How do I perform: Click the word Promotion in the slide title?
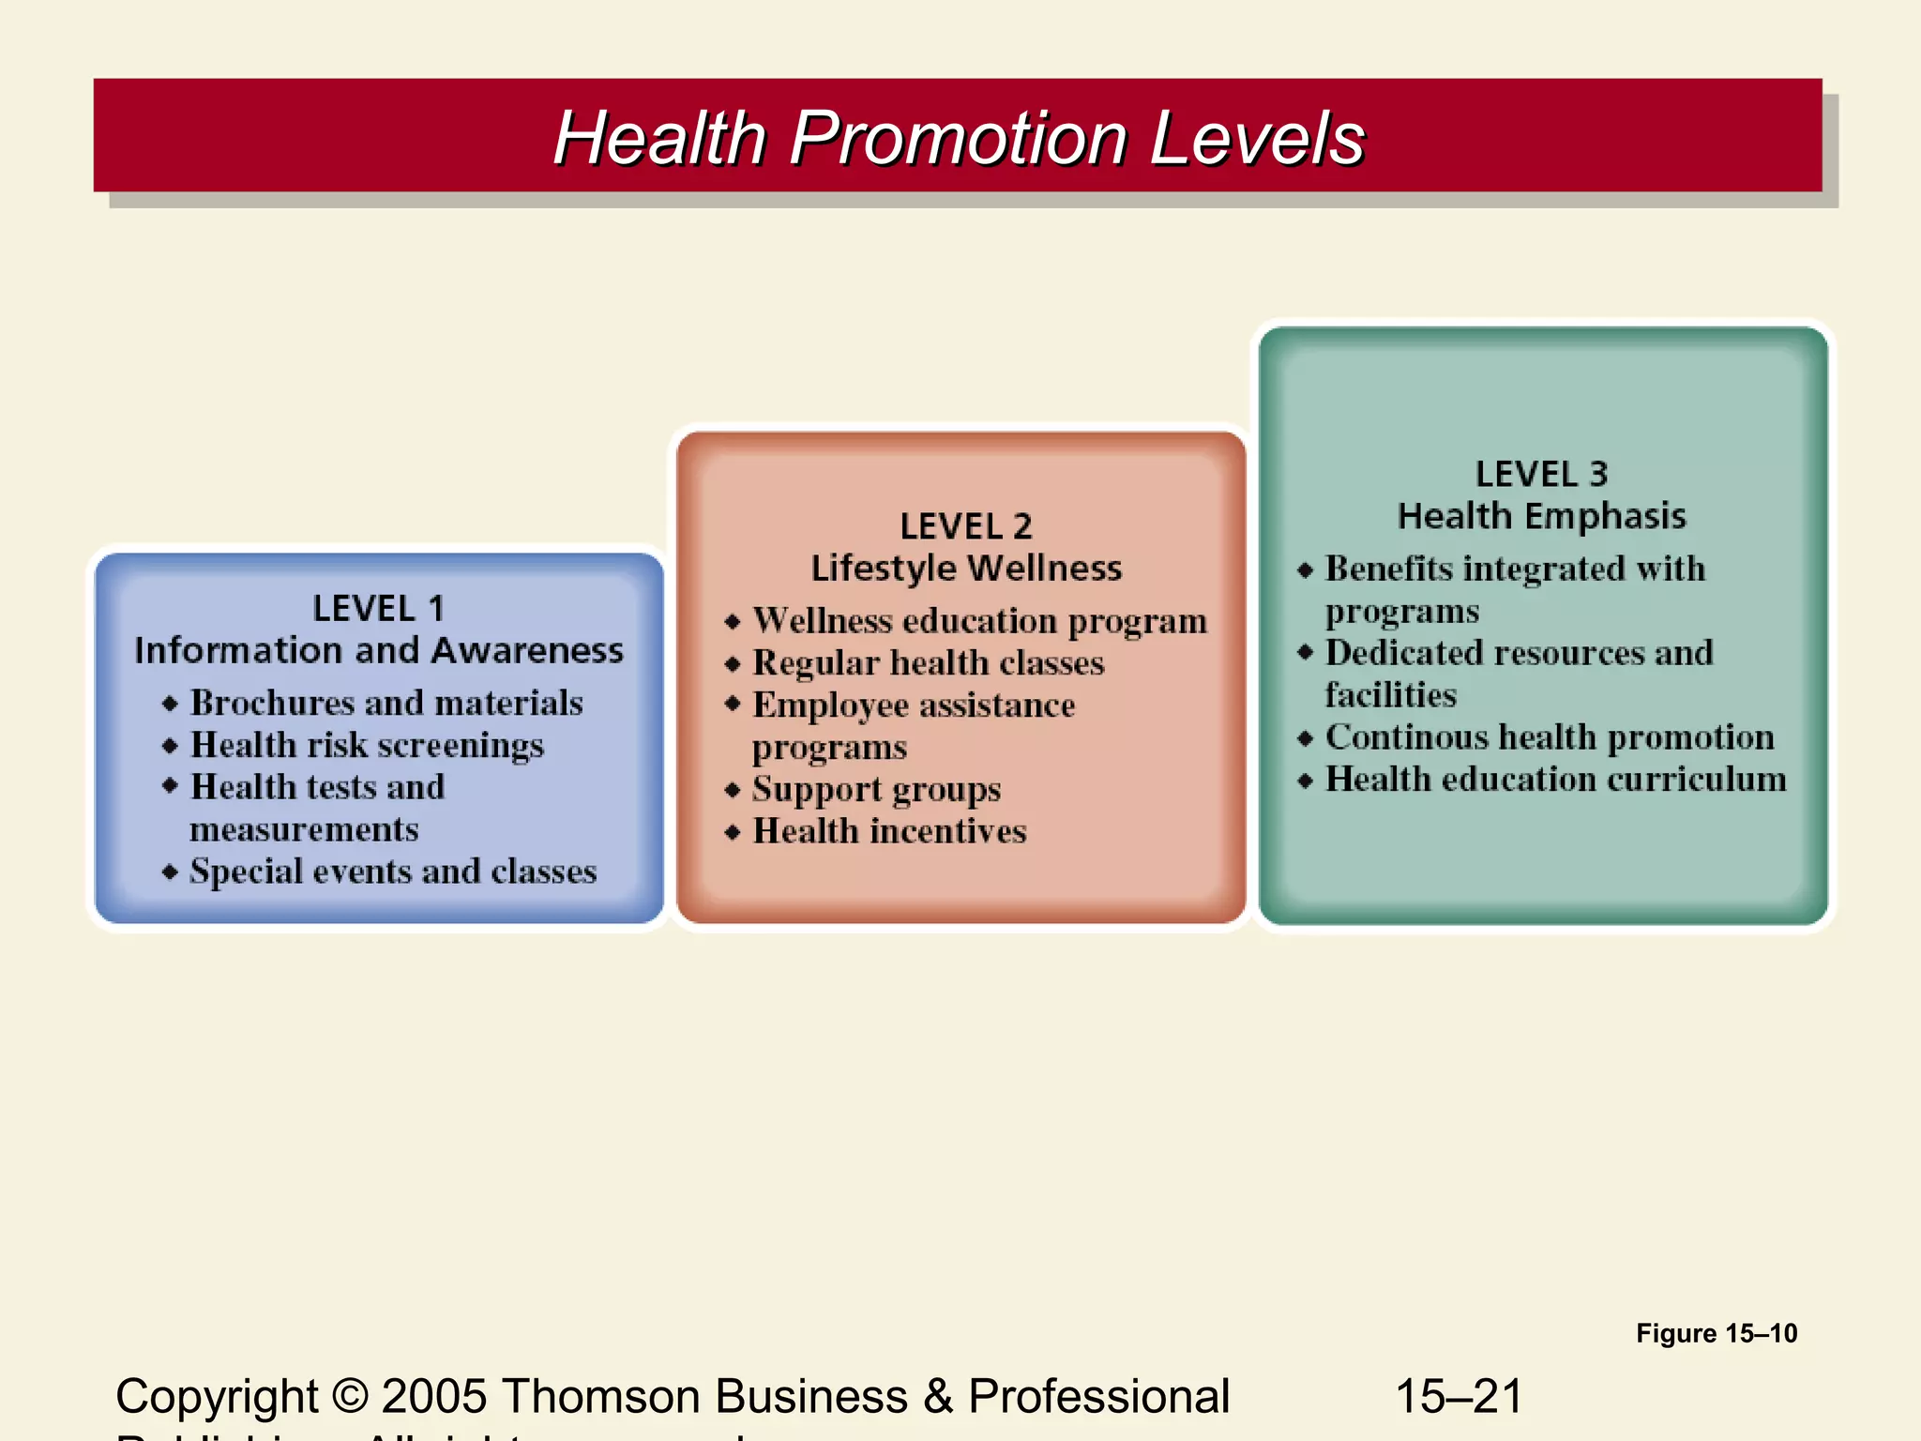point(958,138)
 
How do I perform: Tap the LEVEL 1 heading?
point(378,609)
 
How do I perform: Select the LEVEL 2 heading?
point(965,526)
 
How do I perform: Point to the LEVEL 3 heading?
point(1541,474)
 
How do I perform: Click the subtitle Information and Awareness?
point(378,650)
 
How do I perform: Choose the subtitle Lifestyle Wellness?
point(965,569)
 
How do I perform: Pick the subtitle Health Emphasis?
point(1541,516)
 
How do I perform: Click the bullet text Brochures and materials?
point(386,703)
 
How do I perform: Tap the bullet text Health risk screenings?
point(367,745)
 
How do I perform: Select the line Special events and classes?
point(393,872)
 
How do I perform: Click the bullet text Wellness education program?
point(979,621)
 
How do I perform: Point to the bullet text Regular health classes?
point(929,663)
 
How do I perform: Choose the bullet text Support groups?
point(876,789)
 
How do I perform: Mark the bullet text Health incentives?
point(889,831)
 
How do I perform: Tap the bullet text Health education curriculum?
point(1555,780)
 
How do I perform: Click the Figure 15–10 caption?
point(1717,1333)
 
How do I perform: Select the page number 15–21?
point(1459,1396)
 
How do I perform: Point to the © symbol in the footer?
point(350,1396)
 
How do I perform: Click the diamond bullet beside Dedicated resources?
point(1305,653)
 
